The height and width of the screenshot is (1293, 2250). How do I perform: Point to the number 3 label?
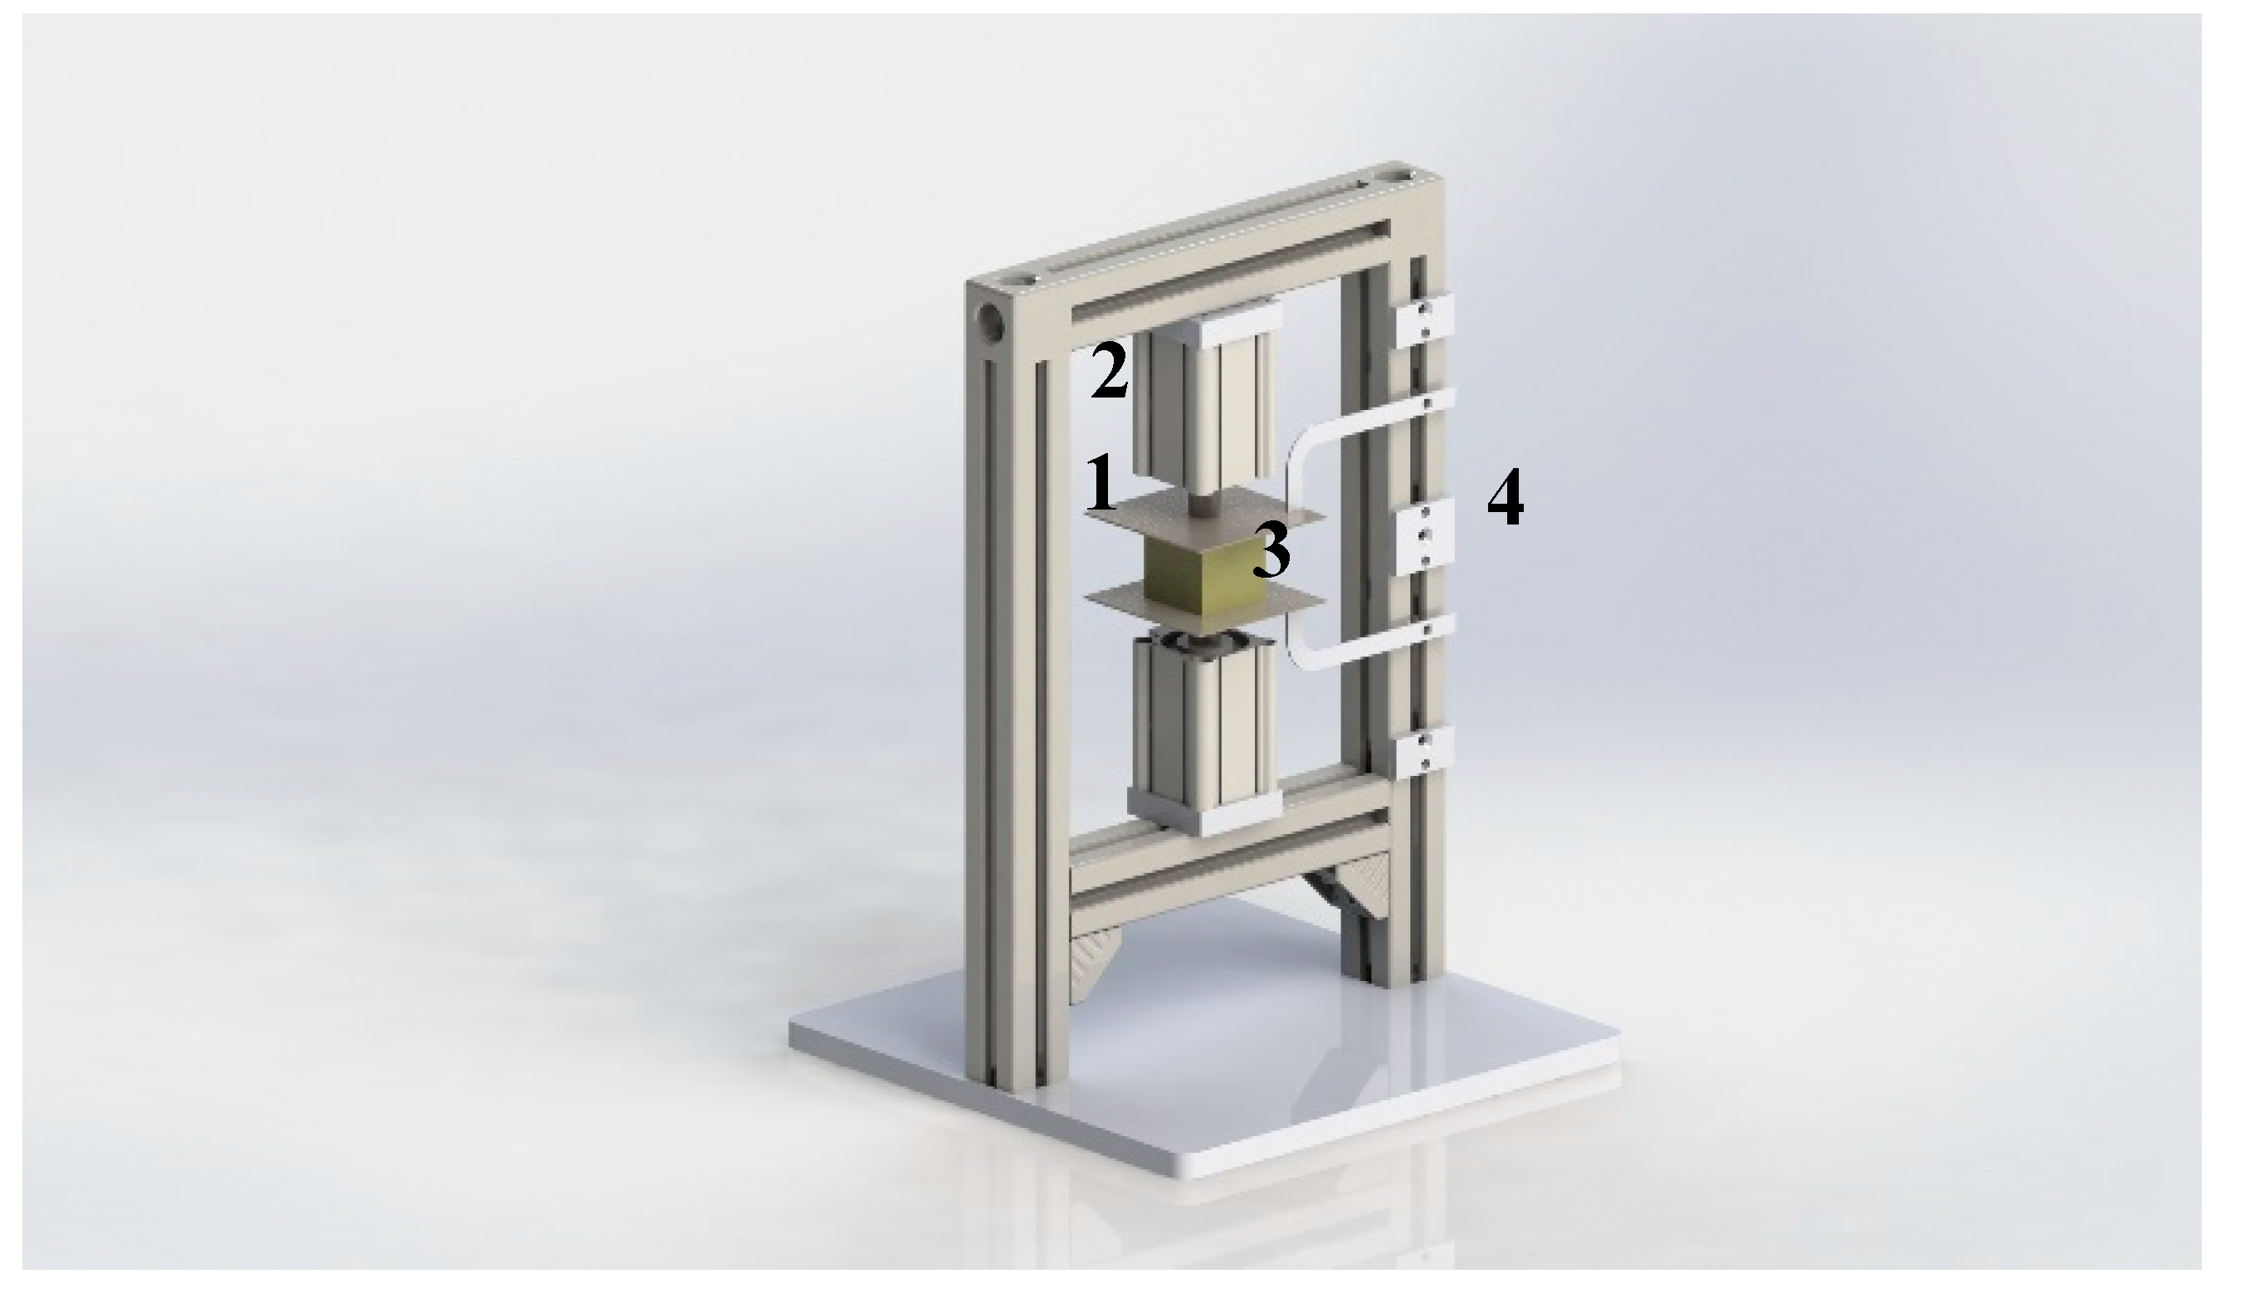click(x=1271, y=549)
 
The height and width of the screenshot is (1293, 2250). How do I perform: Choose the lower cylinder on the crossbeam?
click(x=1206, y=737)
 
